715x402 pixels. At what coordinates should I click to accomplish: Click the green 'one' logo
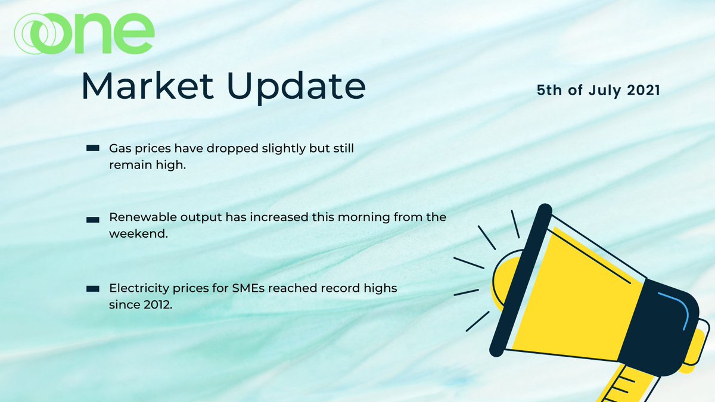pos(84,34)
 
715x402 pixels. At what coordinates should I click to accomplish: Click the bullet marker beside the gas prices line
pos(92,148)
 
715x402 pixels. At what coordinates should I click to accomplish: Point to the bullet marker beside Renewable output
pos(92,219)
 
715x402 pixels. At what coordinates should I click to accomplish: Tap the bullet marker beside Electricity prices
pos(92,289)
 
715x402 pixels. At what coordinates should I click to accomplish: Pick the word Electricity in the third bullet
pos(133,288)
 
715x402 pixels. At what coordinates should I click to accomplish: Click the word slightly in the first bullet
pos(281,148)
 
